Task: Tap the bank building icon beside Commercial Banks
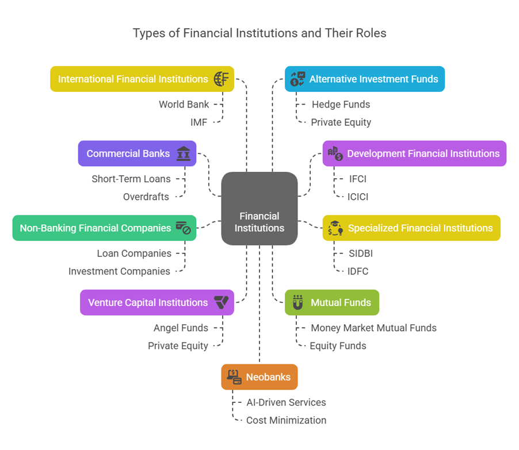pos(184,153)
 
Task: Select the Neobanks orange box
pos(259,377)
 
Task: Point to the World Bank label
pos(184,104)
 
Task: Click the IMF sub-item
pos(199,122)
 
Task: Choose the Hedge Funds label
pos(341,104)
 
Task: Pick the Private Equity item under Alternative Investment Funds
pos(341,122)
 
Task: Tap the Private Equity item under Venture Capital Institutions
pos(178,346)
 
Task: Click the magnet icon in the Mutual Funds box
pos(297,302)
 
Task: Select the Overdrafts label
pos(146,197)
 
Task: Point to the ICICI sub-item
pos(358,197)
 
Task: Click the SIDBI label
pos(361,253)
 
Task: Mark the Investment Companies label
pos(119,271)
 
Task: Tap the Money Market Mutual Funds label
pos(373,328)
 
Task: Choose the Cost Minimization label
pos(286,420)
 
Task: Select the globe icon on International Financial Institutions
pos(222,79)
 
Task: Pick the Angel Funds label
pos(181,328)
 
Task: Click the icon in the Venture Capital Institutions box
pos(221,302)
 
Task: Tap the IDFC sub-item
pos(358,271)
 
